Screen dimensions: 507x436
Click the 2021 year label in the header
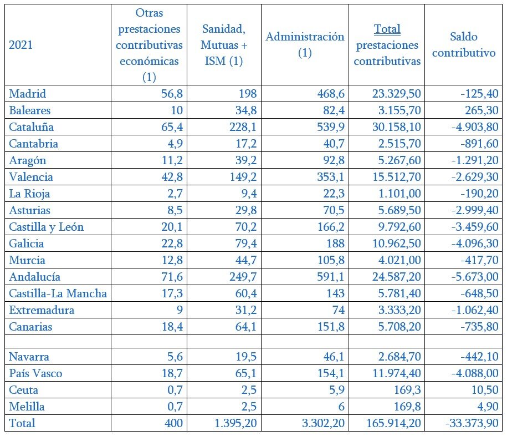pos(21,45)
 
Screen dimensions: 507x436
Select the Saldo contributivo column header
pos(464,45)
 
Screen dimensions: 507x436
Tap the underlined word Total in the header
pos(387,29)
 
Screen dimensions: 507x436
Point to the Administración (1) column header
pos(305,45)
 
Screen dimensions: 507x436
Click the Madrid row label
pos(28,94)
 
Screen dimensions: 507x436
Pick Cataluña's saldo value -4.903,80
pos(475,127)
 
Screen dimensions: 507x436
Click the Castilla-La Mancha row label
pos(58,293)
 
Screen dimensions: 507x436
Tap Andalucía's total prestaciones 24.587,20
pos(396,277)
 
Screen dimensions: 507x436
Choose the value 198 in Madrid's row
pos(247,94)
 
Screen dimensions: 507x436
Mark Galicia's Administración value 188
pos(335,244)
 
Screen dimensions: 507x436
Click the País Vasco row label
pos(35,373)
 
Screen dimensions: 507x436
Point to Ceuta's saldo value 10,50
pos(485,390)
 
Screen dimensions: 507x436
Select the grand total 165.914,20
pos(394,423)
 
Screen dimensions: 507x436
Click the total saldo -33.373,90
pos(472,423)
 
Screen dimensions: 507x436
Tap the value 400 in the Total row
pos(173,423)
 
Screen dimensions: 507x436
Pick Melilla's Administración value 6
pos(341,407)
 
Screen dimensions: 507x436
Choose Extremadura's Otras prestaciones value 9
pos(180,310)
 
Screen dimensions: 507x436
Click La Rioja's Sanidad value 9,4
pos(249,194)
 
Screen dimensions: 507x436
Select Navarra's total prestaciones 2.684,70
pos(400,356)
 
